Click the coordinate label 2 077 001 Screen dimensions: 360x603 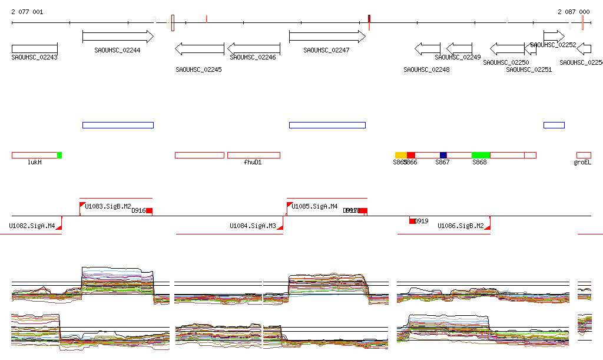tap(27, 12)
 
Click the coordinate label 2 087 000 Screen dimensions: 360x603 tap(574, 12)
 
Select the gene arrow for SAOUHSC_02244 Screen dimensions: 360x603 tap(118, 37)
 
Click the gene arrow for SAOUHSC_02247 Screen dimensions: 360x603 tap(327, 37)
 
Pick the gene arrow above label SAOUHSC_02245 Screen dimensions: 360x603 tap(200, 48)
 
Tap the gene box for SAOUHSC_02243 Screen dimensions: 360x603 tap(34, 48)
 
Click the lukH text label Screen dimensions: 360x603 tap(35, 162)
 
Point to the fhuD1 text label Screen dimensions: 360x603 tap(253, 162)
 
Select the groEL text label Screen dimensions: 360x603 tap(582, 162)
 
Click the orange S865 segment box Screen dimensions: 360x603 tap(400, 155)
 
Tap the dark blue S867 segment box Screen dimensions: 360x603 tap(443, 155)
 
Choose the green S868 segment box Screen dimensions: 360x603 tap(481, 155)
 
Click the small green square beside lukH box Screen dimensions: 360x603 tap(59, 155)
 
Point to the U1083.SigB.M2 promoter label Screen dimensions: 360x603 tap(108, 206)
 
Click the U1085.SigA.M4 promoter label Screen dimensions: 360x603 tap(315, 206)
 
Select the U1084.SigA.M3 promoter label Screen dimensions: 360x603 tap(253, 226)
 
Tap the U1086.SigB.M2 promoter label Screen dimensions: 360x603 tap(460, 226)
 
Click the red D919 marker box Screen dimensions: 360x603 tap(412, 221)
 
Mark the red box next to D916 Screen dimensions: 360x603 tap(150, 210)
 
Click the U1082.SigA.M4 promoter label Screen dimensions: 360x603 tap(32, 226)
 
